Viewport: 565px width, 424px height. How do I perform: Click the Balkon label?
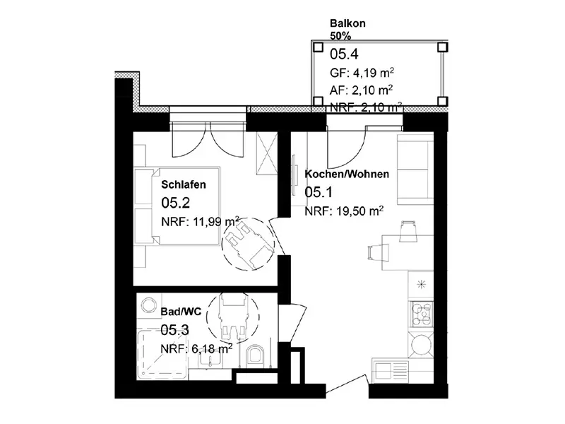coord(347,23)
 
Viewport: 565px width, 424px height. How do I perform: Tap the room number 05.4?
coord(344,54)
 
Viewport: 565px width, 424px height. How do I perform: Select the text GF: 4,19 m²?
coord(362,73)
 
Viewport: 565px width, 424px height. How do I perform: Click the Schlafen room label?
coord(184,184)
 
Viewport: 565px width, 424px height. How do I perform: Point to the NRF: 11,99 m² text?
coord(201,221)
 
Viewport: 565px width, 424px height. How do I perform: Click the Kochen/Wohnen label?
coord(347,174)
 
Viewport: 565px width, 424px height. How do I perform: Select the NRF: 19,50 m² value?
coord(344,211)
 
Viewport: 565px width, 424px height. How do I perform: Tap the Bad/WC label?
coord(181,312)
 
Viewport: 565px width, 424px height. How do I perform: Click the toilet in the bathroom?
coord(256,355)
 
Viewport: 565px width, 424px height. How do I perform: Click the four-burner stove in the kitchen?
coord(422,313)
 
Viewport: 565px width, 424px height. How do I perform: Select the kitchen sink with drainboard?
coord(391,370)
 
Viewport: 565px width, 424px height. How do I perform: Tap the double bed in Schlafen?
coord(177,206)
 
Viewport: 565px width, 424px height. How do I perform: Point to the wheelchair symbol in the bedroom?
coord(248,244)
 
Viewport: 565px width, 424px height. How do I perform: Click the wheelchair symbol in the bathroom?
coord(232,316)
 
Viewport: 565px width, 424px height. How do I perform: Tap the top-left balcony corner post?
coord(318,47)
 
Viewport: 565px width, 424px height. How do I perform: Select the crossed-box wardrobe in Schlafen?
coord(267,153)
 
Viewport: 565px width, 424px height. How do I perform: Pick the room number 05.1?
coord(319,192)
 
